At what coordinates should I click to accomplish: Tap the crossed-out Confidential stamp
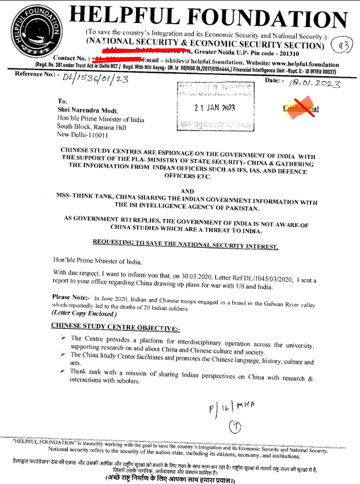tap(300, 108)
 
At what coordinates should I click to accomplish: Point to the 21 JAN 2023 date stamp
tap(214, 108)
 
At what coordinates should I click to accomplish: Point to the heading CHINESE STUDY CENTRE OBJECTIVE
tap(115, 327)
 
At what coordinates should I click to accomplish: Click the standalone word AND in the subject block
tap(187, 191)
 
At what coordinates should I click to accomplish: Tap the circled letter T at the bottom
tap(234, 428)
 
